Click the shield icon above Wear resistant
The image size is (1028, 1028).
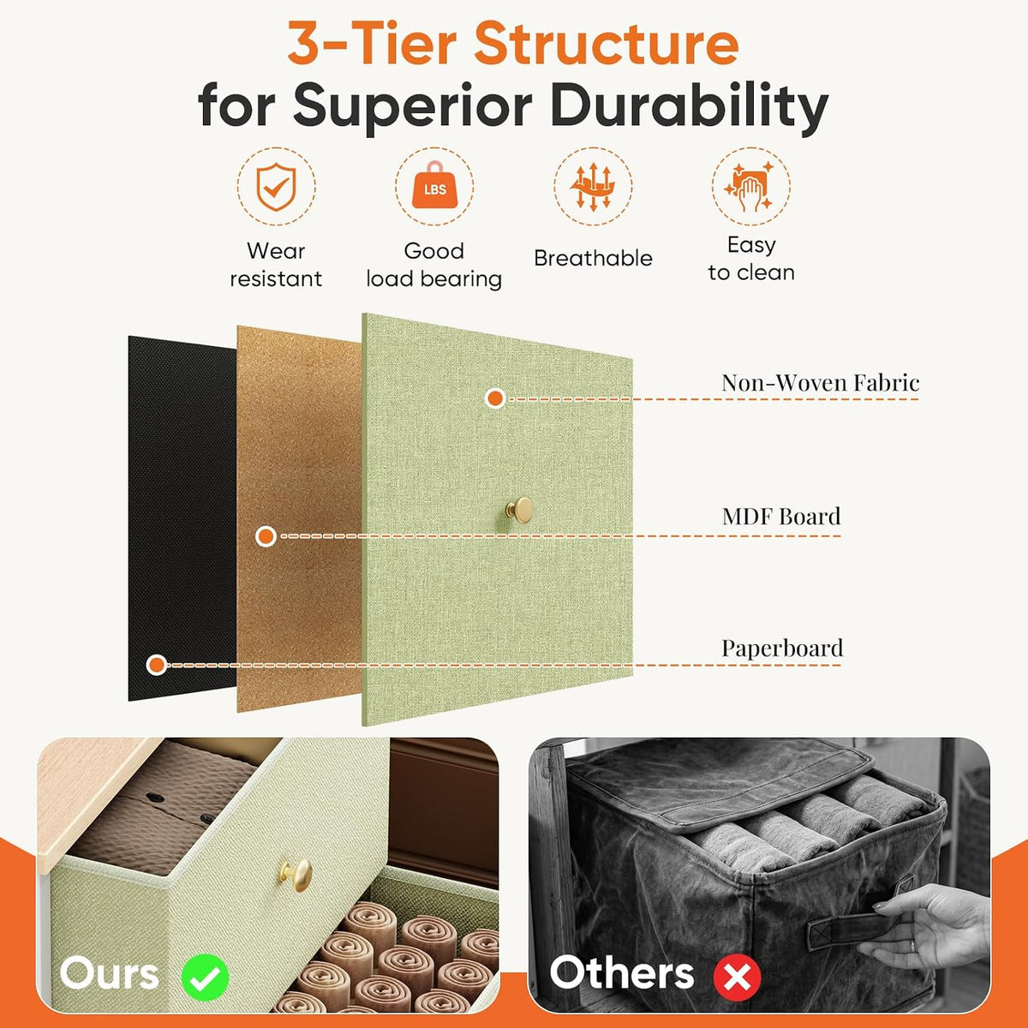click(276, 187)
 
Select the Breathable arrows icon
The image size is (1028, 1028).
click(593, 187)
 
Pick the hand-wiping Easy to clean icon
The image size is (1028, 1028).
click(750, 186)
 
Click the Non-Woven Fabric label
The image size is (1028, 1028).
click(821, 382)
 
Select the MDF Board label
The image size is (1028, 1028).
click(781, 516)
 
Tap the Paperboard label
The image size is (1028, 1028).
click(782, 648)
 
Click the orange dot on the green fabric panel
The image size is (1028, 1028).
click(496, 398)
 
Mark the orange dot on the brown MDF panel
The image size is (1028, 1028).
click(266, 536)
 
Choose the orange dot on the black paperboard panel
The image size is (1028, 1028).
click(156, 665)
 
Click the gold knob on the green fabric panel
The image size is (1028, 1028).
click(520, 510)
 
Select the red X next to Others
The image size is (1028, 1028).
click(738, 977)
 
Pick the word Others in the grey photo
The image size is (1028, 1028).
click(622, 973)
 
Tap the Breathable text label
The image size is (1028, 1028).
click(593, 258)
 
